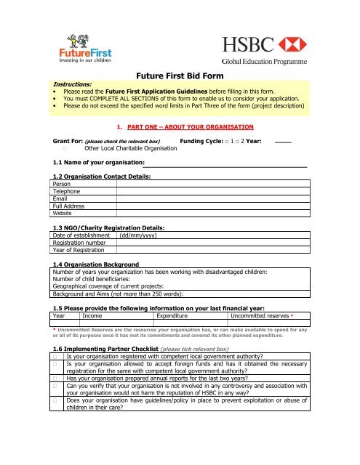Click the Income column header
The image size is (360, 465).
tap(92, 316)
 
